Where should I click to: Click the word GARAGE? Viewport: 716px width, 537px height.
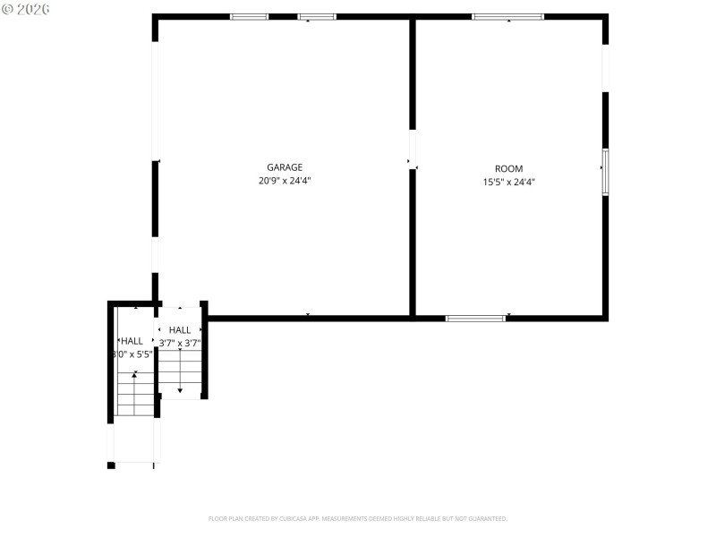[x=285, y=167]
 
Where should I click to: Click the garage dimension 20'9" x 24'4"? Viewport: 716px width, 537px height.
[x=285, y=181]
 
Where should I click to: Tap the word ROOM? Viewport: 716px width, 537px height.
[x=509, y=168]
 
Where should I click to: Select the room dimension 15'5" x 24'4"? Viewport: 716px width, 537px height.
[x=509, y=182]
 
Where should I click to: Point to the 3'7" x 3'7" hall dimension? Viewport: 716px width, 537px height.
[x=180, y=343]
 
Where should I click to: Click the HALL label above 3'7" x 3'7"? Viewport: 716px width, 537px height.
[x=180, y=330]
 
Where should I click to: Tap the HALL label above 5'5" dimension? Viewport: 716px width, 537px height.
[x=132, y=341]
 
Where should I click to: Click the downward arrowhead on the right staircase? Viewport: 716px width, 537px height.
[x=180, y=389]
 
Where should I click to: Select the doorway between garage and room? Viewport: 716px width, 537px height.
[x=413, y=149]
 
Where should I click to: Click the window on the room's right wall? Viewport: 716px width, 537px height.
[x=605, y=172]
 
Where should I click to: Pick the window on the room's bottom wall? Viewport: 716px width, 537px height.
[x=475, y=318]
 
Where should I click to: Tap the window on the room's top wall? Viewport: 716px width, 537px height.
[x=507, y=16]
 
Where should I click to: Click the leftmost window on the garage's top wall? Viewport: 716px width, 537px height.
[x=249, y=16]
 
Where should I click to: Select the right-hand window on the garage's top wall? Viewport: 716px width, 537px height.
[x=317, y=16]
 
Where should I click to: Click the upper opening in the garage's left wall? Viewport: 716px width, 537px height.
[x=155, y=100]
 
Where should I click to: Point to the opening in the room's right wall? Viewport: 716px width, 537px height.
[x=605, y=67]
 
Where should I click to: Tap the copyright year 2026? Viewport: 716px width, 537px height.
[x=33, y=9]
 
